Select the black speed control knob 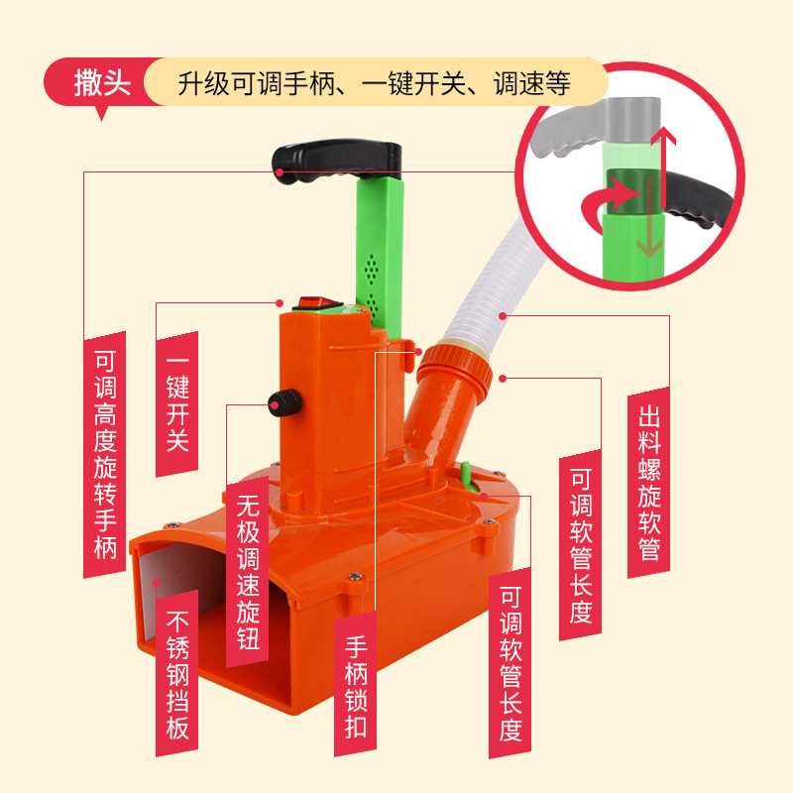tap(283, 400)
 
